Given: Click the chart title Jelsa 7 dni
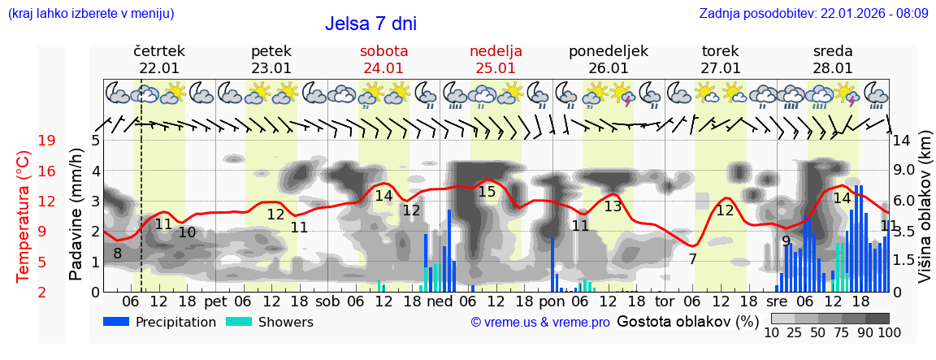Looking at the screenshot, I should tap(370, 24).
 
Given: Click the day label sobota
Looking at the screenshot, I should tap(383, 50).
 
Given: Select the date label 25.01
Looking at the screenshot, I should tap(496, 68).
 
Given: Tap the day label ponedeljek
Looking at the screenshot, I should tap(608, 50).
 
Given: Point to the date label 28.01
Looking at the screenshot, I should tap(833, 68).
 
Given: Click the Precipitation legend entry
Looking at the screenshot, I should tap(159, 322).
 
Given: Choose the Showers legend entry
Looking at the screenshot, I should tap(269, 322).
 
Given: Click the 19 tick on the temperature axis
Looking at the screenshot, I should tap(46, 141).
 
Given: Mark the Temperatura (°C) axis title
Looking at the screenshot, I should tap(24, 216).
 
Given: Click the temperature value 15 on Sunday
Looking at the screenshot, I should tap(487, 192).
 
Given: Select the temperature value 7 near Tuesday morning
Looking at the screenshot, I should tap(692, 259).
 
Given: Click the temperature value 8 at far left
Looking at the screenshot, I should tap(117, 254).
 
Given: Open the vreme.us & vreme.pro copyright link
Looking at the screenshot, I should tap(540, 322).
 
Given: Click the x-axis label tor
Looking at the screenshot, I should tap(665, 301).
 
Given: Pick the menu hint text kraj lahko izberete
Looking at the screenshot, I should tap(90, 13).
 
